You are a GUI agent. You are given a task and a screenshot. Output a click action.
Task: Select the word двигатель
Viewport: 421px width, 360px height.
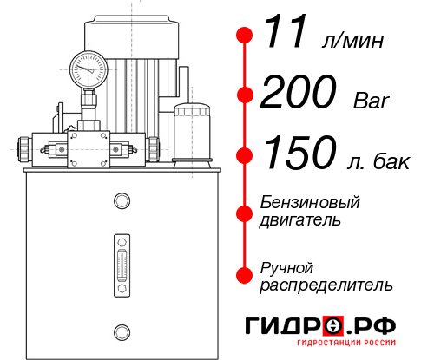(299, 220)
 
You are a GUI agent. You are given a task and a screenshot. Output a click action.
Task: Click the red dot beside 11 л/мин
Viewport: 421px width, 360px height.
(245, 36)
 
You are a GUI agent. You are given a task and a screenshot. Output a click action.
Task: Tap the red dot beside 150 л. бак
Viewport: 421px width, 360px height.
(245, 155)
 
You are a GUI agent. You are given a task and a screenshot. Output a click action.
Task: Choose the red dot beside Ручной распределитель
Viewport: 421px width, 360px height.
(245, 275)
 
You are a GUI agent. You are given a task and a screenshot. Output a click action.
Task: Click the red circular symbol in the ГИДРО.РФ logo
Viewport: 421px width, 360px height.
(335, 326)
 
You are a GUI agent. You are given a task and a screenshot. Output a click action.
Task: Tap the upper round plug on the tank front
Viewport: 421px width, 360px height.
(121, 201)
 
